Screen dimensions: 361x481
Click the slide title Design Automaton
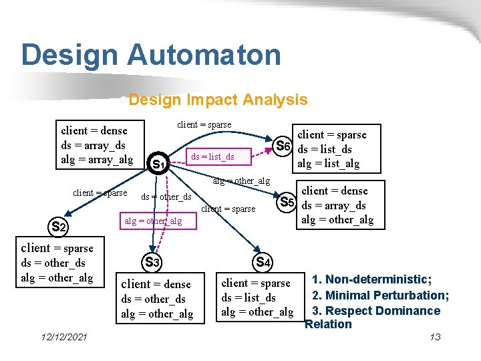point(151,55)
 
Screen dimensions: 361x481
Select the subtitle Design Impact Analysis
point(218,100)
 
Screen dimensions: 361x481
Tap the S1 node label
point(158,164)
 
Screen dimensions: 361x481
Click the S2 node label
point(59,227)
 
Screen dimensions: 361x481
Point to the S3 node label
point(152,263)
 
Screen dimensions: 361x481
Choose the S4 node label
point(263,263)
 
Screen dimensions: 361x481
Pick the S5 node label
point(287,202)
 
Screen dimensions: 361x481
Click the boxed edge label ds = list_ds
point(212,157)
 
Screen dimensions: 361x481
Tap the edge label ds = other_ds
point(166,197)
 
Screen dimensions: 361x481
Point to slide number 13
point(435,337)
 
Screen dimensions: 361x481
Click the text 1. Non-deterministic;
point(377,279)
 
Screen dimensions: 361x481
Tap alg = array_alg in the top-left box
point(97,159)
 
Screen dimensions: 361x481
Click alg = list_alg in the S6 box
point(328,164)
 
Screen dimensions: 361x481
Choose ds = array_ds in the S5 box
point(333,206)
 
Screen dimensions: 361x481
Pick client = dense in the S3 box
point(156,284)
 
